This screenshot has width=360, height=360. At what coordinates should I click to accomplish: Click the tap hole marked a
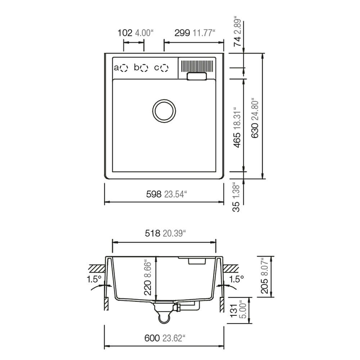pos(124,68)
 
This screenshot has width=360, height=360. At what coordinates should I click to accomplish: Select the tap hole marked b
pos(144,68)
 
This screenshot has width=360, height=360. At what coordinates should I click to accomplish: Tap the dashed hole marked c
pos(165,68)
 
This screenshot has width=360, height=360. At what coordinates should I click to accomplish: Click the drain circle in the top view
pos(164,111)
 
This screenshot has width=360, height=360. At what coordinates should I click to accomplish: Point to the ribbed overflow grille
pos(197,66)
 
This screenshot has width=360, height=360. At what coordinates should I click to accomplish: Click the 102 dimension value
pos(125,33)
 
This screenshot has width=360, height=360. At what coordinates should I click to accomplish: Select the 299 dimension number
pos(182,33)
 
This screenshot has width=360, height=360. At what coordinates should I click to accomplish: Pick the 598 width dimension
pos(154,194)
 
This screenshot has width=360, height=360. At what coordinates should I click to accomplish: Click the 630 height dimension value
pos(255,130)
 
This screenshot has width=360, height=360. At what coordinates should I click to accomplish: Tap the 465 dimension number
pos(237,140)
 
